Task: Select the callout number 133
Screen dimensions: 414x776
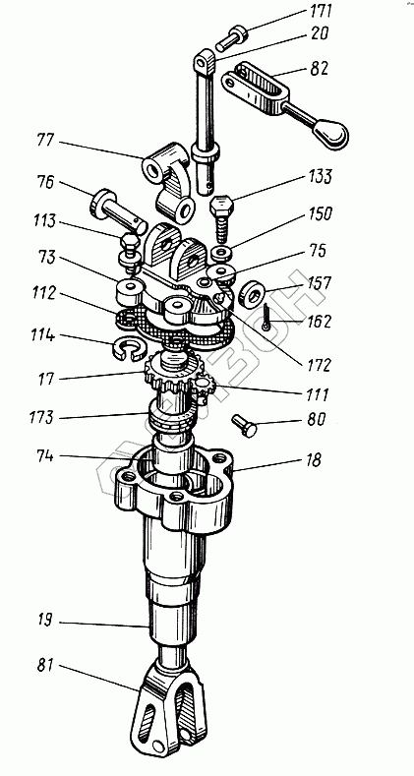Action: [x=321, y=177]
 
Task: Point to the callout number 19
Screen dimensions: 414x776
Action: [x=45, y=620]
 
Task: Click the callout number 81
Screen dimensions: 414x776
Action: [x=45, y=666]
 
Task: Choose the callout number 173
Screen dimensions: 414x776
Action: [x=40, y=417]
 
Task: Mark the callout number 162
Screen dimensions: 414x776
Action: [x=319, y=322]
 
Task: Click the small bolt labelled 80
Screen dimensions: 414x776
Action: [x=244, y=425]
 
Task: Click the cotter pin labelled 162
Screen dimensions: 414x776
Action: [x=266, y=318]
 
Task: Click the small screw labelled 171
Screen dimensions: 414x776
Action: [x=230, y=38]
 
